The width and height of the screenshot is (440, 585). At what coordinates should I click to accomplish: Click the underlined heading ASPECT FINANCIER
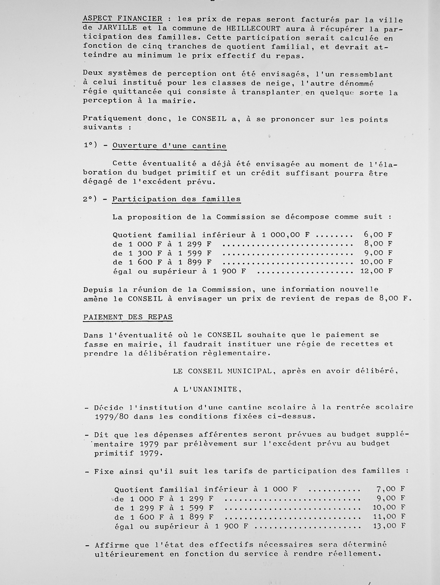pyautogui.click(x=122, y=19)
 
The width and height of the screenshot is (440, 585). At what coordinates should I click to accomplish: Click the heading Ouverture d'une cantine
pyautogui.click(x=169, y=146)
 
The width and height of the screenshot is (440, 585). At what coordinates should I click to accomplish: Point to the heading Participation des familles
pyautogui.click(x=176, y=199)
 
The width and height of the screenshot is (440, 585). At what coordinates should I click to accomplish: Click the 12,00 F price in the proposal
pyautogui.click(x=376, y=271)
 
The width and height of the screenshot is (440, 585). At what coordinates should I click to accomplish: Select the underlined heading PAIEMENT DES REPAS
pyautogui.click(x=128, y=317)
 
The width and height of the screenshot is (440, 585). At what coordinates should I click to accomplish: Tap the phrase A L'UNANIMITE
pyautogui.click(x=207, y=389)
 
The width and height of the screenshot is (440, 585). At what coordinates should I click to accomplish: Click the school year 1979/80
pyautogui.click(x=111, y=417)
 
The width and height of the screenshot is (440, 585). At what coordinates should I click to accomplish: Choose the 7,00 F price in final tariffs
pyautogui.click(x=390, y=489)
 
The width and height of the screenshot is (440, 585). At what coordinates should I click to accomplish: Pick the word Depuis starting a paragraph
pyautogui.click(x=98, y=289)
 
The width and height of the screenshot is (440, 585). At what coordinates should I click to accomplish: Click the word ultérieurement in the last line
pyautogui.click(x=129, y=554)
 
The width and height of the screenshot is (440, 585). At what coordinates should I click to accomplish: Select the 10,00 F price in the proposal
pyautogui.click(x=376, y=262)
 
